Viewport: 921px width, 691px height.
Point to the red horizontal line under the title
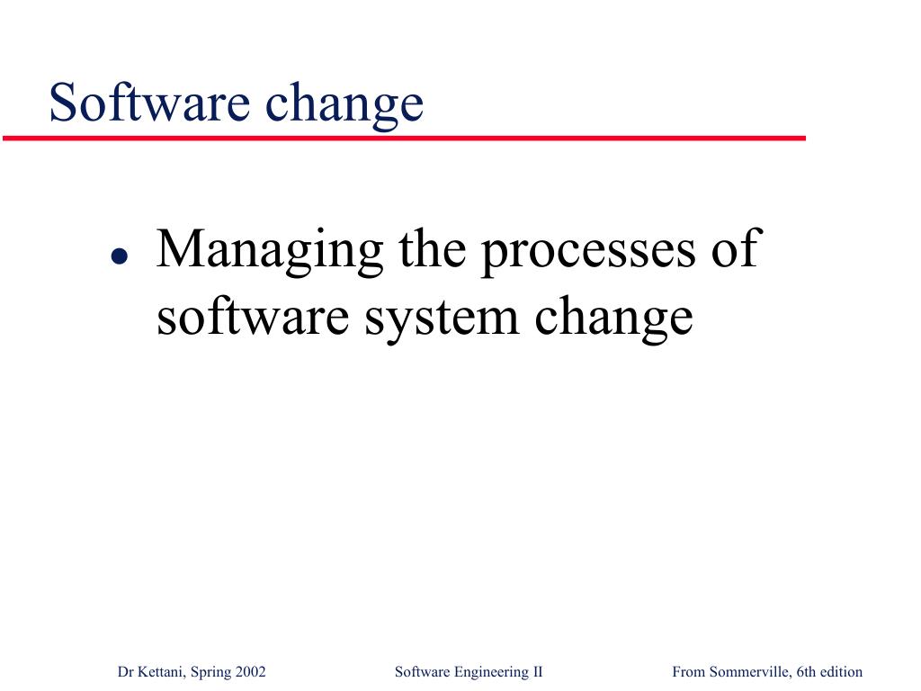pyautogui.click(x=404, y=138)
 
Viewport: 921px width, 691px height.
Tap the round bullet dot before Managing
pyautogui.click(x=120, y=256)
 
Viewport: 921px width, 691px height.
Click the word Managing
pyautogui.click(x=270, y=252)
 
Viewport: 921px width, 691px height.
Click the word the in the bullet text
pyautogui.click(x=433, y=247)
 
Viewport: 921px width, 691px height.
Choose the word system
pyautogui.click(x=442, y=321)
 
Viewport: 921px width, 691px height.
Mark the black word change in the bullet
pyautogui.click(x=613, y=319)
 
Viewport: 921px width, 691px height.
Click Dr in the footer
pyautogui.click(x=126, y=671)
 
